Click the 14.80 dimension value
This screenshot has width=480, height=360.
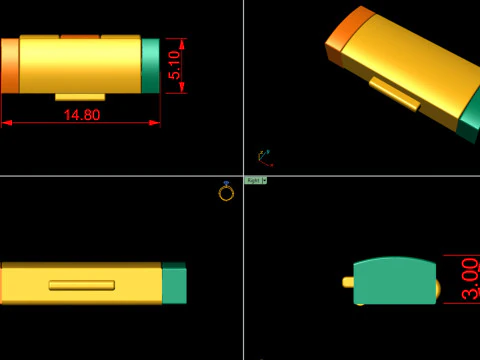click(x=81, y=114)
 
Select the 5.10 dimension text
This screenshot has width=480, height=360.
click(x=176, y=65)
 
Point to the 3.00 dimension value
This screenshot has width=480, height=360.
click(x=469, y=279)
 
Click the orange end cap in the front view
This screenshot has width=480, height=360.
click(x=9, y=66)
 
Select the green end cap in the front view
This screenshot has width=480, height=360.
click(x=151, y=66)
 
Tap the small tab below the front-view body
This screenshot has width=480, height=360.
click(x=80, y=96)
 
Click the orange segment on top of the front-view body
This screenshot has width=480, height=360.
click(x=80, y=37)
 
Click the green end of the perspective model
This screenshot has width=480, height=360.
click(x=469, y=119)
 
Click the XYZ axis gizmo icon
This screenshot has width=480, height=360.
click(x=264, y=156)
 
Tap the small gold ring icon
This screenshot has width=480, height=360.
click(x=226, y=191)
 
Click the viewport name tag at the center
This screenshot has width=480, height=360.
click(x=255, y=180)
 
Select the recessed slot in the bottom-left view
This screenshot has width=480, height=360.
click(x=81, y=285)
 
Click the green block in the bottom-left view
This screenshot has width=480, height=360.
click(x=174, y=284)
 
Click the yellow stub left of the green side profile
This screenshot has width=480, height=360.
click(x=348, y=283)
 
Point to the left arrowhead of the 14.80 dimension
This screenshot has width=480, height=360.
click(x=5, y=123)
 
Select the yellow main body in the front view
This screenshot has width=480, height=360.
click(x=80, y=66)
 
